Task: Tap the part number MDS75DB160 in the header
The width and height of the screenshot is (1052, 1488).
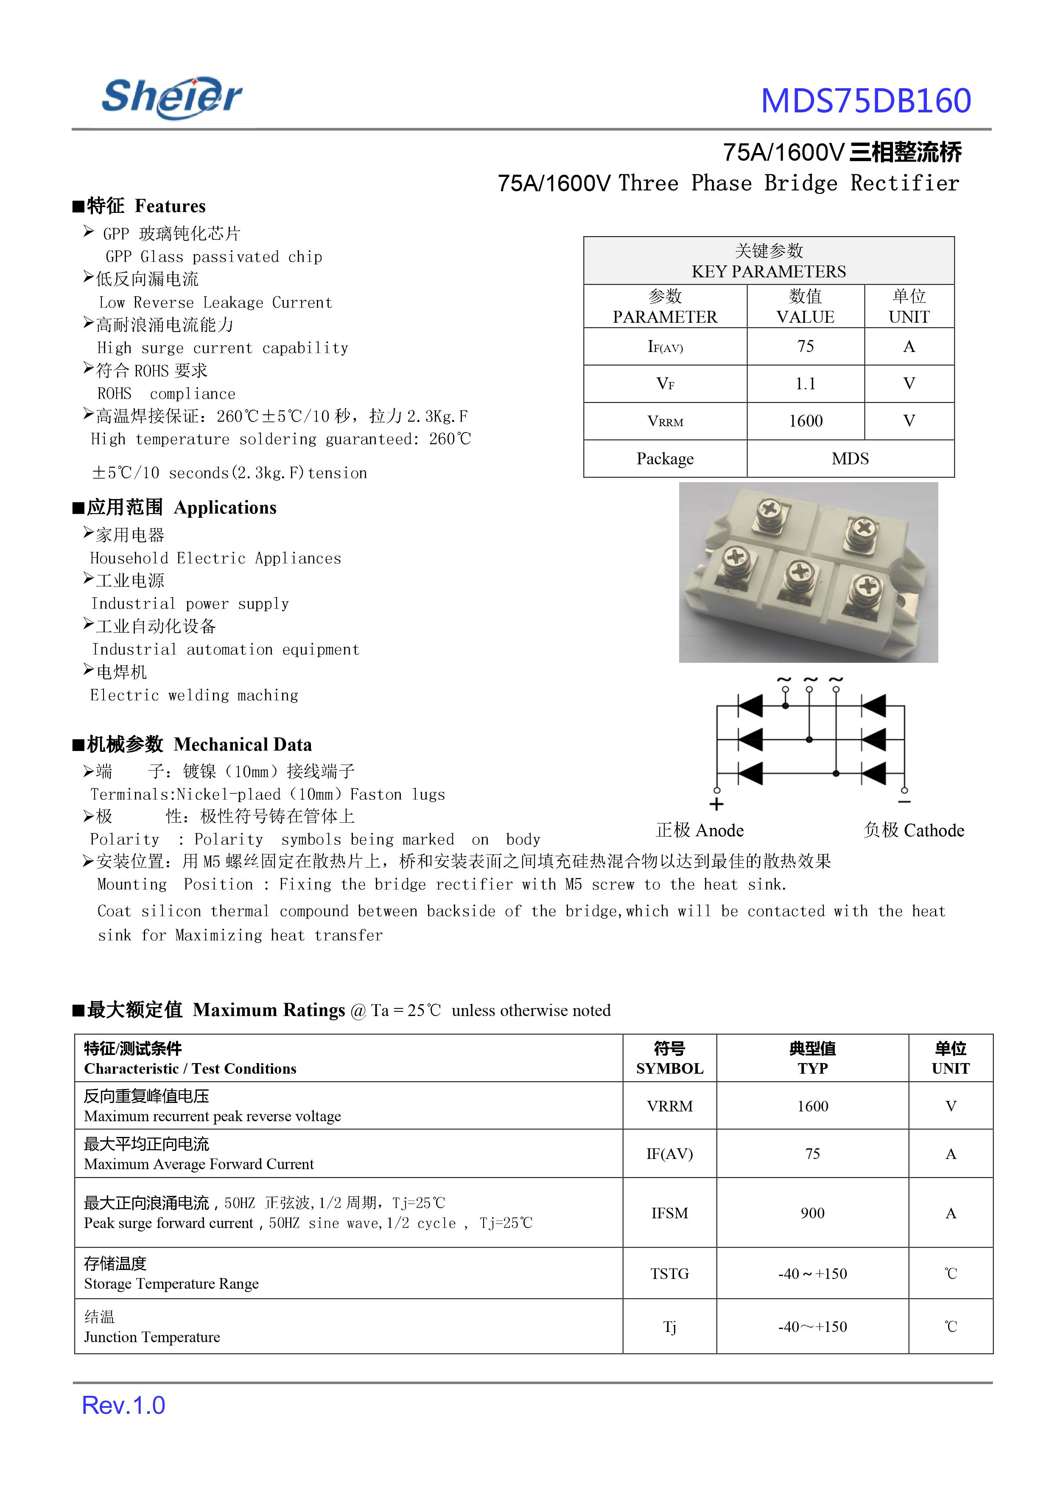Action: click(865, 101)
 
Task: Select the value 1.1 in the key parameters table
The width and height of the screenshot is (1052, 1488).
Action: click(805, 384)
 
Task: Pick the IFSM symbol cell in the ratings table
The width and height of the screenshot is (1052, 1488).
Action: click(669, 1212)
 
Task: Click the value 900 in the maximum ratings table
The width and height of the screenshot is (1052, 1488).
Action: click(812, 1212)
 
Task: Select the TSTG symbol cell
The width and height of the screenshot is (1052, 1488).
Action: click(669, 1273)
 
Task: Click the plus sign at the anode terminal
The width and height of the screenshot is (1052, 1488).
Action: click(716, 805)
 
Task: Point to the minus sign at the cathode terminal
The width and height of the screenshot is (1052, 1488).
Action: click(904, 802)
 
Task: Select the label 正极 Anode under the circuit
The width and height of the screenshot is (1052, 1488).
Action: click(699, 830)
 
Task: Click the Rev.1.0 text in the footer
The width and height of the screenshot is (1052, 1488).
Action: click(123, 1405)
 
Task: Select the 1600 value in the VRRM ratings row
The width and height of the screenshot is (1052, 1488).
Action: click(812, 1106)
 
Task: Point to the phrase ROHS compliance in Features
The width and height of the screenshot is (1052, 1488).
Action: click(167, 394)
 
